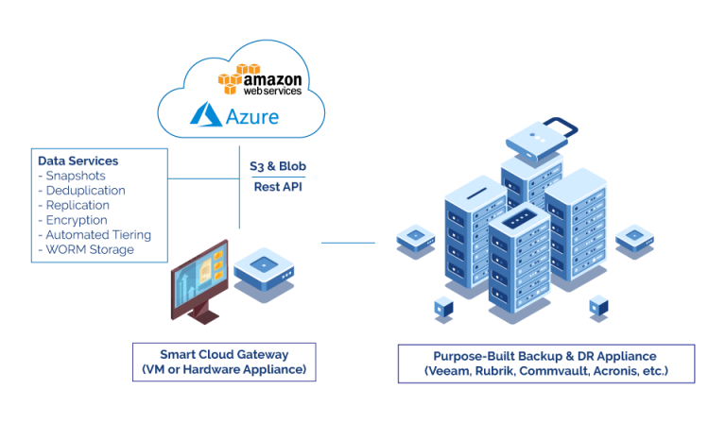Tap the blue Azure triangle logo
[x=206, y=115]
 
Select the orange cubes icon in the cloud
[x=237, y=78]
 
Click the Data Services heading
[x=78, y=161]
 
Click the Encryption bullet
[x=75, y=220]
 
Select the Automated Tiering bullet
[x=95, y=235]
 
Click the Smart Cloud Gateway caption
[x=224, y=355]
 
